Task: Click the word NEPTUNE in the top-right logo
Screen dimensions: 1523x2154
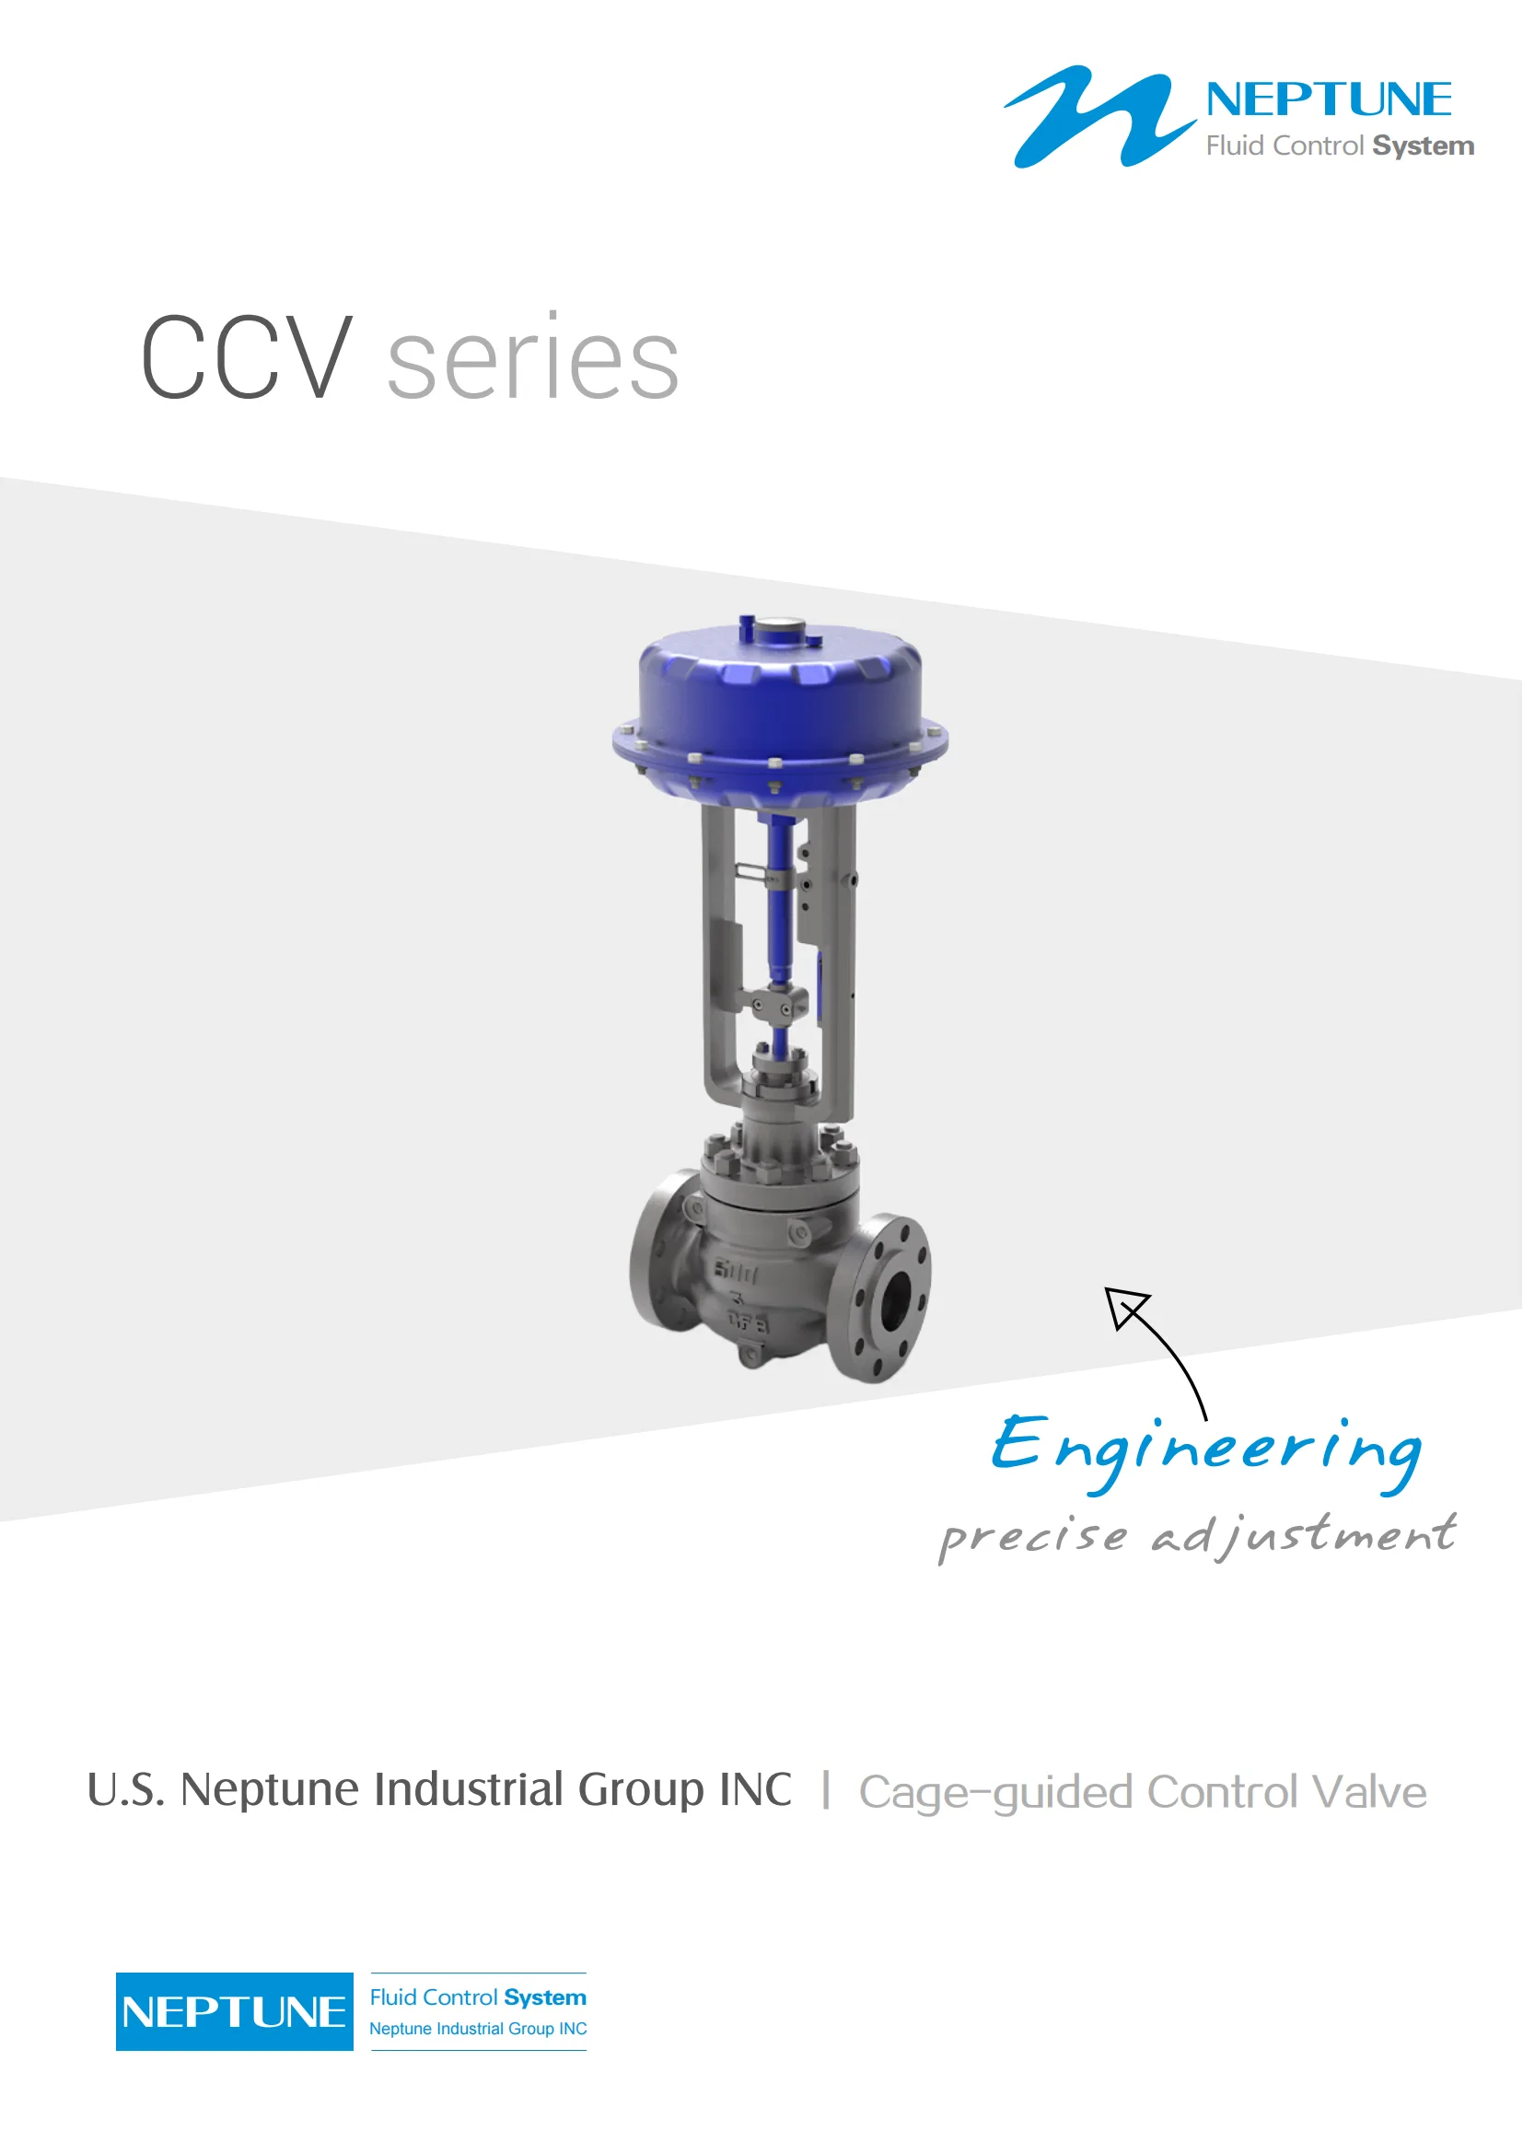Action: pyautogui.click(x=1329, y=99)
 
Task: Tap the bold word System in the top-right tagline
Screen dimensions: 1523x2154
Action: pyautogui.click(x=1424, y=146)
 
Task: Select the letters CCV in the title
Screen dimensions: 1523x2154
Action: pyautogui.click(x=247, y=357)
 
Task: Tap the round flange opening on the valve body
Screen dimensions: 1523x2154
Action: pyautogui.click(x=896, y=1298)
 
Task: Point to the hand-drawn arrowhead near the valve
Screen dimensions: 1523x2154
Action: pyautogui.click(x=1125, y=1308)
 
